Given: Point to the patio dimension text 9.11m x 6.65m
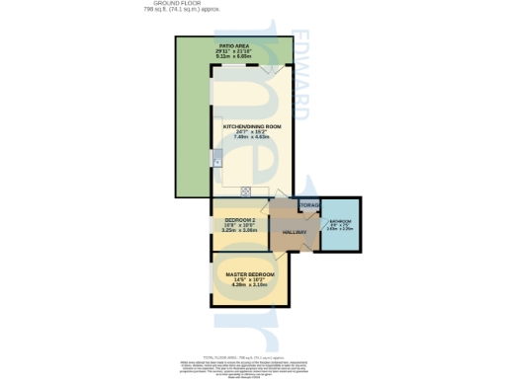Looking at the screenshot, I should click(x=233, y=57).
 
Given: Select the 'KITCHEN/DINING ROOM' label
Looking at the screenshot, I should click(x=252, y=127).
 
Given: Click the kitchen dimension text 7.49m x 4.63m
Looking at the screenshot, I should click(x=252, y=137).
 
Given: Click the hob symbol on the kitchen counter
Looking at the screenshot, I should click(x=246, y=191).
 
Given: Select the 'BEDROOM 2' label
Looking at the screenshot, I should click(x=240, y=219).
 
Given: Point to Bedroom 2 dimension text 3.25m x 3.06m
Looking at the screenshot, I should click(x=240, y=229).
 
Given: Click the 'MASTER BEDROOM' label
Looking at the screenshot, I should click(x=249, y=274).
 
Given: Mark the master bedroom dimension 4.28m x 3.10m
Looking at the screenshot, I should click(x=249, y=284).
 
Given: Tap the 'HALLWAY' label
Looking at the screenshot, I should click(x=295, y=233).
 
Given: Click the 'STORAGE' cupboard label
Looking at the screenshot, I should click(x=309, y=204).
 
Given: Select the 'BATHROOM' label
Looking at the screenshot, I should click(x=341, y=222).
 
